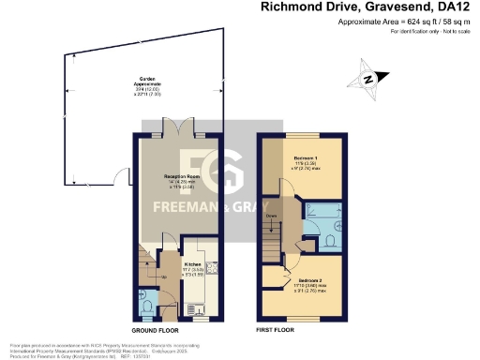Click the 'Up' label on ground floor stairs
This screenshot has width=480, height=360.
coord(165,277)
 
